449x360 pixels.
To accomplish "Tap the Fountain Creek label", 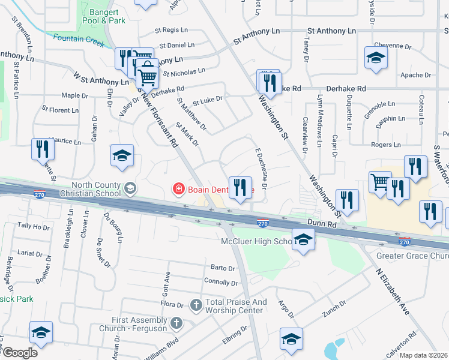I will click(x=76, y=38).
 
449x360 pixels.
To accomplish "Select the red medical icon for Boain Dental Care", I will click(x=178, y=190).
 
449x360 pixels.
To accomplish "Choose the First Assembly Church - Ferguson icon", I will click(x=176, y=323).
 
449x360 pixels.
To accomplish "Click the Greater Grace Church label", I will click(x=412, y=256).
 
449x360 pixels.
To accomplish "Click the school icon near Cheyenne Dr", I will click(x=376, y=58).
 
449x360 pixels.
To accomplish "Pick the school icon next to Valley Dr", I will click(x=122, y=156).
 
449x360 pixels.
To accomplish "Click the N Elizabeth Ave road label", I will click(x=393, y=293).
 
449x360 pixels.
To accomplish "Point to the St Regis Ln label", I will click(x=175, y=29).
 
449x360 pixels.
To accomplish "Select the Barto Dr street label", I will click(x=222, y=268).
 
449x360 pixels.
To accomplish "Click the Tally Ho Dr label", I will click(x=34, y=226).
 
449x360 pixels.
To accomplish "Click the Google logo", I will click(x=20, y=353).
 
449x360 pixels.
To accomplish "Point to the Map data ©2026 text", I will click(x=424, y=355).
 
